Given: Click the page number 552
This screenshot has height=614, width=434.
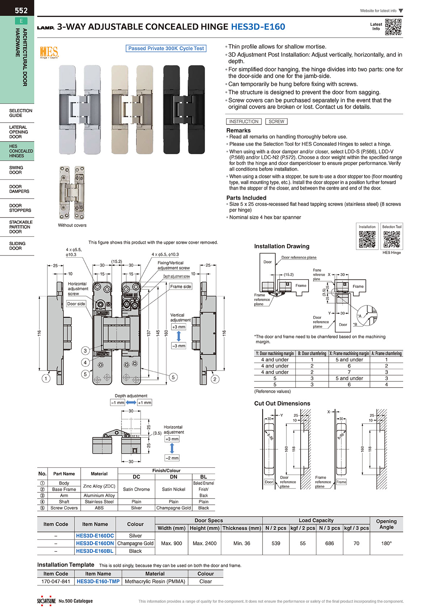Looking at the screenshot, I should click(21, 10).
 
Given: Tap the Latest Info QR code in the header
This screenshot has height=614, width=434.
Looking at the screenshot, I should click(393, 27).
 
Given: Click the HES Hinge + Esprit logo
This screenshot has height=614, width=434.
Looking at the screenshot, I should click(49, 52).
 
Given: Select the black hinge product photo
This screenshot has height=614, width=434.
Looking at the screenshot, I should click(184, 109).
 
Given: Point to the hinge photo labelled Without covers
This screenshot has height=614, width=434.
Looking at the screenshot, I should click(72, 192).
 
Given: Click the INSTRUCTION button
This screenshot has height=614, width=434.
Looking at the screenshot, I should click(244, 122).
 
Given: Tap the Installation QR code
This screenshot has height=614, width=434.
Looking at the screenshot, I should click(367, 239).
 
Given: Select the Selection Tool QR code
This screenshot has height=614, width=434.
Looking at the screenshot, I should click(392, 239).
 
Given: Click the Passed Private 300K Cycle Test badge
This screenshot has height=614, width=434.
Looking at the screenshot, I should click(166, 48).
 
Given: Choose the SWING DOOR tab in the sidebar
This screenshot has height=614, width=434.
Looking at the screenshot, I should click(16, 170).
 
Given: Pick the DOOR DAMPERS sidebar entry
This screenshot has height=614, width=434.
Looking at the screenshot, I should click(19, 189).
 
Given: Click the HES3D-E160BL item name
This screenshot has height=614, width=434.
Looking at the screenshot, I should click(95, 551).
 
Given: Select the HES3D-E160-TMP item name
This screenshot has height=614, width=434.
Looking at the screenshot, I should click(98, 581).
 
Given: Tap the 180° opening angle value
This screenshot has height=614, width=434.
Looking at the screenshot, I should click(386, 543).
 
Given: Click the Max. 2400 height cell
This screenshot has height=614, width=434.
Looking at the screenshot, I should click(205, 543).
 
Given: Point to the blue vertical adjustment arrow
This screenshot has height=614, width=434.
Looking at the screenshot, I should click(179, 336).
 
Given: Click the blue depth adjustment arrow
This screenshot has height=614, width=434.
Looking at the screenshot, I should click(131, 403).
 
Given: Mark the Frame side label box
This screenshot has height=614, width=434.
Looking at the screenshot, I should click(180, 287).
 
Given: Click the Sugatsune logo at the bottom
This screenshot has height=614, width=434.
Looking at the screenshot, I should click(46, 601).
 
